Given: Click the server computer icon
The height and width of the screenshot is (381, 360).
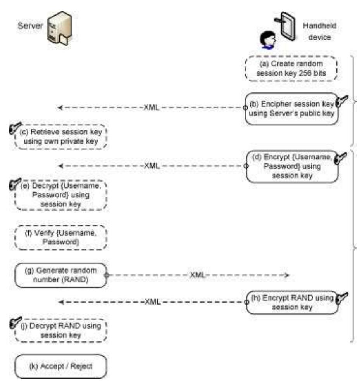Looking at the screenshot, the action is pos(59,28).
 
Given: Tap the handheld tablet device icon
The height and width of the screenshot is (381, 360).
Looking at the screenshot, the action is pos(286,26).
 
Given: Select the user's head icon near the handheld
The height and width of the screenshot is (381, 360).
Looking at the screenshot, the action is pos(268,40).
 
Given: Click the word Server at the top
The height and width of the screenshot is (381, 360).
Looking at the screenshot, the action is pos(30,26).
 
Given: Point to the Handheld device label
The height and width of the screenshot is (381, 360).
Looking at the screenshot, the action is pos(319,31).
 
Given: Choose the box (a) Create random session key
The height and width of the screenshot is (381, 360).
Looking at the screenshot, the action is pos(291,69).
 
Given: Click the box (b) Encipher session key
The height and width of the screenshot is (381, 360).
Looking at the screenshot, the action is pos(291,109).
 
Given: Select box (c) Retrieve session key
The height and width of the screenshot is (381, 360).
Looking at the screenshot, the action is pos(61,137).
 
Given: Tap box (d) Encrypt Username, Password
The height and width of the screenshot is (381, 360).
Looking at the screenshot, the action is pos(292,166).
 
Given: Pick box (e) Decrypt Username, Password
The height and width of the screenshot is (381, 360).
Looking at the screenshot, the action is pos(61,195).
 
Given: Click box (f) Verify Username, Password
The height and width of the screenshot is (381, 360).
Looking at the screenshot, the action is pos(61,237).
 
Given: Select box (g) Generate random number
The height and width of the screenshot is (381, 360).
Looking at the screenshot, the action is pos(61,275).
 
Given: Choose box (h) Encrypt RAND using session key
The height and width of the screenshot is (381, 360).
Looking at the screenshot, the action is pos(292,303).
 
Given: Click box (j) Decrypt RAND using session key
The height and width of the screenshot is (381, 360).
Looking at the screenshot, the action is pos(61,331).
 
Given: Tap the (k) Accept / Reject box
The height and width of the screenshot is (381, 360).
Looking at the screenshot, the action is pos(61,366).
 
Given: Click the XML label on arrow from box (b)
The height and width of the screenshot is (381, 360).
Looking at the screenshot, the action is pos(152,107).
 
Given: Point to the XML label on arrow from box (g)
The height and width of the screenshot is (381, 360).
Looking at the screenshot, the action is pos(197,275).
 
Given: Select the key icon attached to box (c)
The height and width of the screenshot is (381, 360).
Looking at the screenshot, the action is pos(15,128).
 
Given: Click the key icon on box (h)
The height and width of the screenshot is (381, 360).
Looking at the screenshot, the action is pos(341,298).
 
